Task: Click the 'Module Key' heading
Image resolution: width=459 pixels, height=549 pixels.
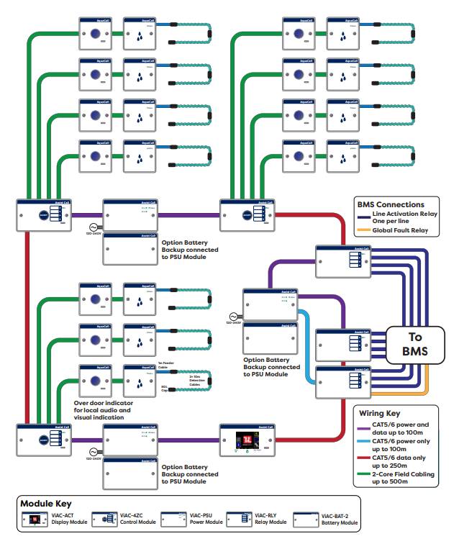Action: [45, 504]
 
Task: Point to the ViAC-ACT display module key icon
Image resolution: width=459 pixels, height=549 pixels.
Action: [35, 519]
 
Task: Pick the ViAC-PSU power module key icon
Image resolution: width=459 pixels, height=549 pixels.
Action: [173, 519]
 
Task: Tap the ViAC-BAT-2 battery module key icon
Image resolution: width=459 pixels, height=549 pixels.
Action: [306, 519]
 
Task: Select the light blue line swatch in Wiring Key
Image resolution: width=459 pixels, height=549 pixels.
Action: [363, 440]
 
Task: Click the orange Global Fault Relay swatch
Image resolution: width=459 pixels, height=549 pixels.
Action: [363, 231]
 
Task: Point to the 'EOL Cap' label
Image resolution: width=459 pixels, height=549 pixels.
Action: [165, 389]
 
